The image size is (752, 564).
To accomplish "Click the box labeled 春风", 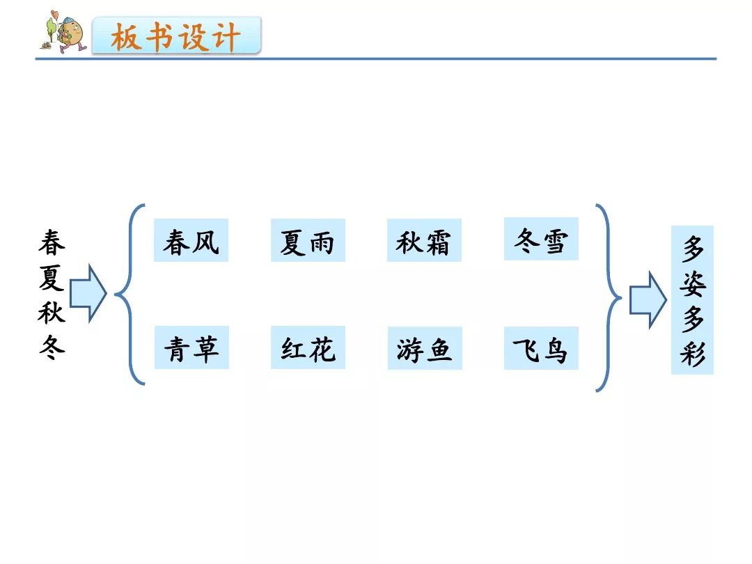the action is pyautogui.click(x=191, y=241).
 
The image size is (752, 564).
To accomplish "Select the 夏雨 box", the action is pyautogui.click(x=308, y=241).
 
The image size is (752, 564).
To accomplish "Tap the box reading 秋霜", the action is pyautogui.click(x=424, y=241).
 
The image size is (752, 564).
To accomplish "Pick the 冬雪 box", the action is pyautogui.click(x=541, y=240).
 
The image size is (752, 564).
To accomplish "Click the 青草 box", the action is pyautogui.click(x=191, y=347).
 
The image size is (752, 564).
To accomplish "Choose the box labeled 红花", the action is pyautogui.click(x=308, y=347).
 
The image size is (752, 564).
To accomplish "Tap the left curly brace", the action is pyautogui.click(x=129, y=294).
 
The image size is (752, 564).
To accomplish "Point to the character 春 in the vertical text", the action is pyautogui.click(x=52, y=242).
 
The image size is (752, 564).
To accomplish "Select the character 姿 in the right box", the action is pyautogui.click(x=692, y=283).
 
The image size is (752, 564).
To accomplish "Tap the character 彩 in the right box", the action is pyautogui.click(x=692, y=354).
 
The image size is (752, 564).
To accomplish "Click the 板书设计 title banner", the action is pyautogui.click(x=177, y=37).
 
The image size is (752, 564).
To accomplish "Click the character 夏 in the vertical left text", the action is pyautogui.click(x=52, y=276).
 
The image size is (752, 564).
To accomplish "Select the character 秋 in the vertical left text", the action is pyautogui.click(x=52, y=311).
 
